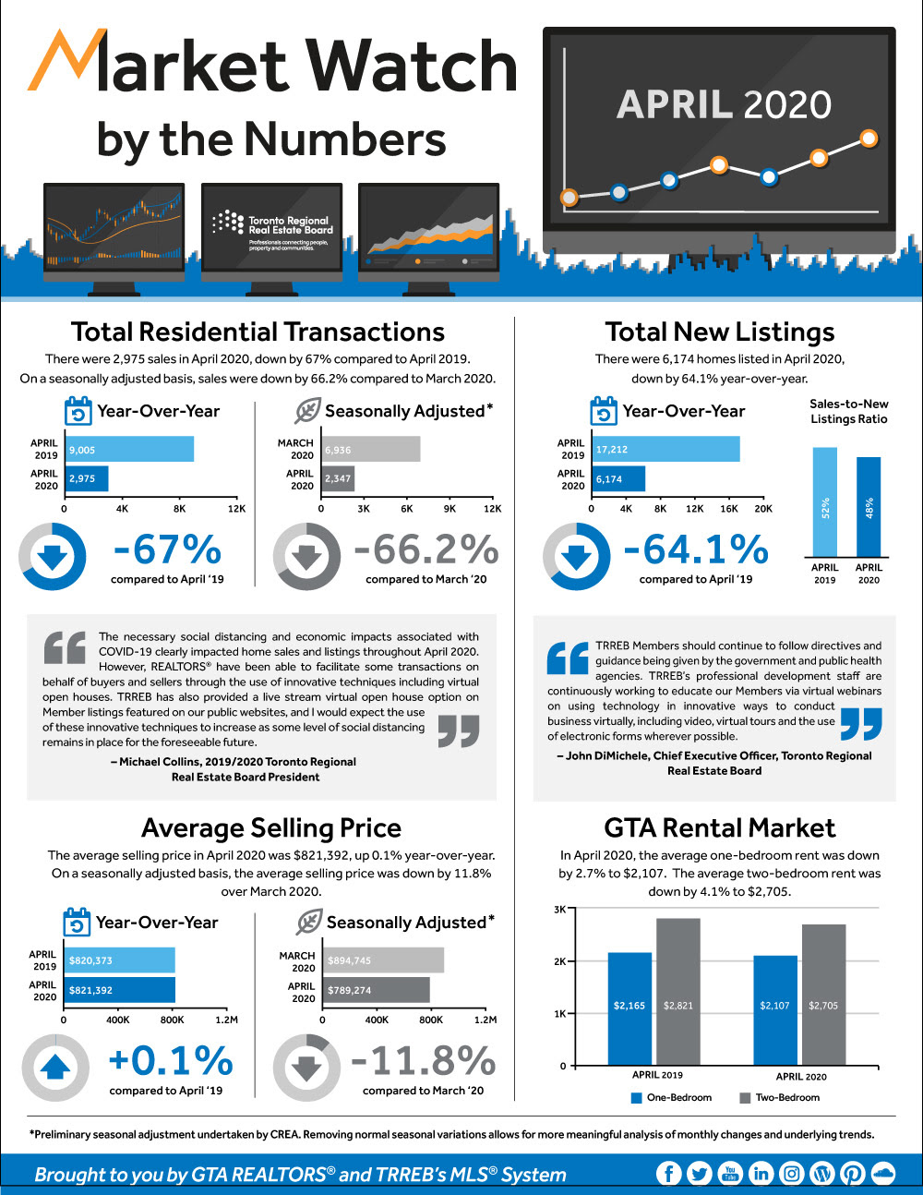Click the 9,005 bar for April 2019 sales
click(128, 450)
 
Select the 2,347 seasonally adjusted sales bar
click(338, 478)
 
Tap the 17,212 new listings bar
click(665, 450)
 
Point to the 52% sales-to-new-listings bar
click(824, 501)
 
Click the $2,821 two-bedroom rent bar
click(677, 991)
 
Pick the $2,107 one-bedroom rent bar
click(774, 1009)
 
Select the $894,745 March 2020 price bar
click(382, 960)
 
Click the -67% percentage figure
click(167, 549)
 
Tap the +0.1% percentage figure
click(171, 1061)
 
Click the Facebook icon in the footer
click(669, 1173)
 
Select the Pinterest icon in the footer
click(852, 1173)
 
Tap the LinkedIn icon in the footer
click(761, 1173)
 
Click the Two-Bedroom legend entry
click(780, 1098)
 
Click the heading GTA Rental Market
click(719, 827)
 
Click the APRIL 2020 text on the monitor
click(724, 105)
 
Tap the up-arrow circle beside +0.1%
click(55, 1068)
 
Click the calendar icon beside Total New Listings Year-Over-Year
click(603, 411)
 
